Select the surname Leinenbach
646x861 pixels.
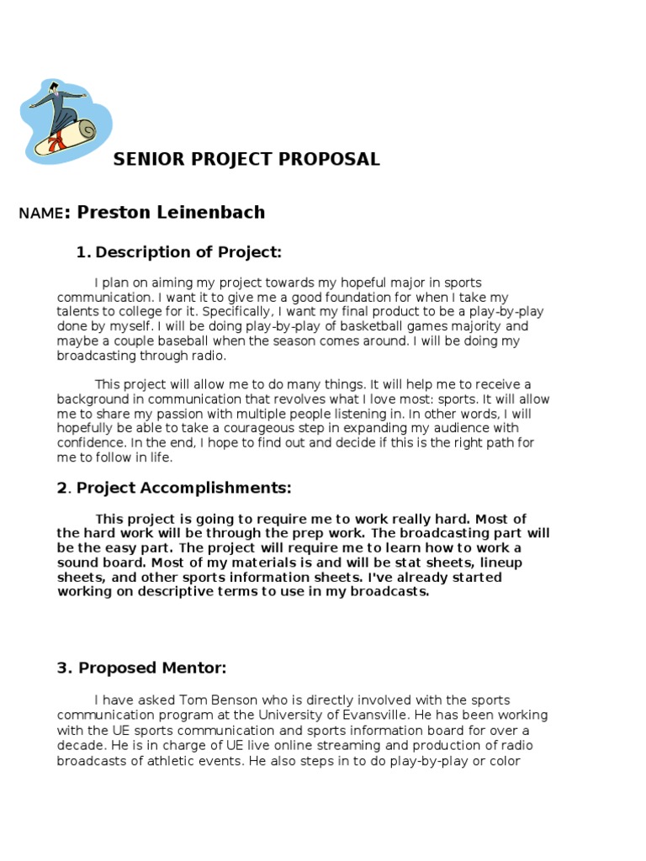click(x=209, y=212)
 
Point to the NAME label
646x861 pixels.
click(x=40, y=214)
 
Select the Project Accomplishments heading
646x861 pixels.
click(x=184, y=488)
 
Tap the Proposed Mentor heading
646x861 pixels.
click(x=152, y=668)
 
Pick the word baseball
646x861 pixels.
click(x=214, y=341)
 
